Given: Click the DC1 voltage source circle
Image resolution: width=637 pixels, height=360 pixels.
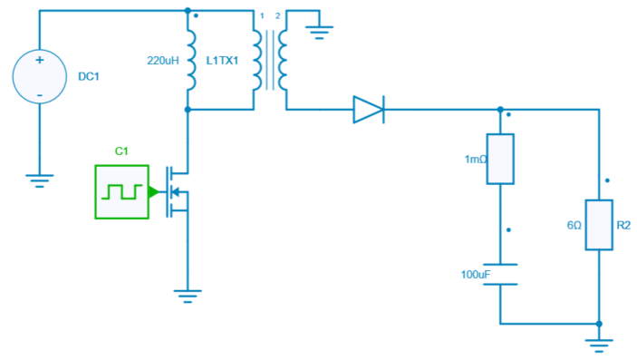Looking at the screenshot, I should click(x=39, y=76).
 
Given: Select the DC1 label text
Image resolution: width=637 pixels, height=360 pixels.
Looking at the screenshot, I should click(x=89, y=77).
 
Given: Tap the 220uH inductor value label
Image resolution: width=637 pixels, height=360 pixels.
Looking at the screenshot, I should click(x=163, y=61).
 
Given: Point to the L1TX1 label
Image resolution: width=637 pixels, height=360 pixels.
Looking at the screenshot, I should click(x=223, y=61).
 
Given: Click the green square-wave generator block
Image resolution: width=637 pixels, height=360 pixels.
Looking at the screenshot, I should click(x=121, y=191).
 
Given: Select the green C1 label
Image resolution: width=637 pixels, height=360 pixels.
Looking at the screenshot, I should click(x=121, y=151).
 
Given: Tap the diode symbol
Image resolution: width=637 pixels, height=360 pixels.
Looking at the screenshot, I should click(x=368, y=110).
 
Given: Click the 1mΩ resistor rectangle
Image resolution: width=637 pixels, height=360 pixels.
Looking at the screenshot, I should click(x=500, y=159).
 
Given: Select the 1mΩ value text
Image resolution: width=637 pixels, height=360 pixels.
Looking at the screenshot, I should click(x=475, y=159).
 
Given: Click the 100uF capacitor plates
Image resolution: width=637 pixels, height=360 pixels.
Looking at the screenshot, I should click(x=500, y=274).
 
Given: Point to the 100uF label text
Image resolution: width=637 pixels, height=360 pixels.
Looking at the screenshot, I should click(x=475, y=274).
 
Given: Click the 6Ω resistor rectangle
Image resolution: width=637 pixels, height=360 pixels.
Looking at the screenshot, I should click(x=599, y=224).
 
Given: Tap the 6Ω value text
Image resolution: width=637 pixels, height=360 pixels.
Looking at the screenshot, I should click(x=574, y=224).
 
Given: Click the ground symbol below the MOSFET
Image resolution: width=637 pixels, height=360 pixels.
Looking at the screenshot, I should click(x=188, y=296).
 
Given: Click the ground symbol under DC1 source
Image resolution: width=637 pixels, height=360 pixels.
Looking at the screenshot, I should click(x=39, y=180).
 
